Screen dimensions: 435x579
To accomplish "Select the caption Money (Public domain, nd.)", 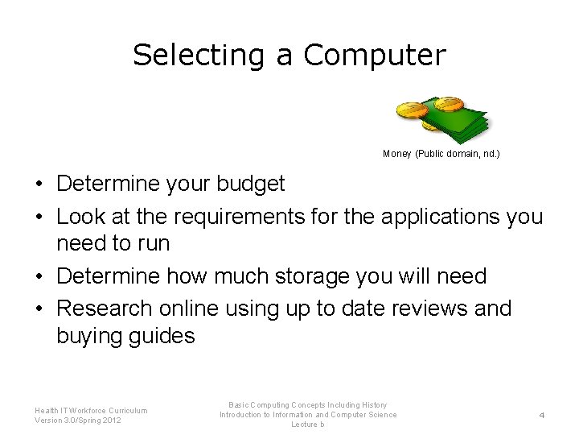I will [x=441, y=153].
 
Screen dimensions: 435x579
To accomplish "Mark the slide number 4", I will [x=541, y=415].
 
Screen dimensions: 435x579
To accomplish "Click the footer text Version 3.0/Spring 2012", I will [x=78, y=420].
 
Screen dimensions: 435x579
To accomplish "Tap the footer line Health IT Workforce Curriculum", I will [x=91, y=410].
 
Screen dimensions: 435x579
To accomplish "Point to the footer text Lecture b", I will [x=307, y=425].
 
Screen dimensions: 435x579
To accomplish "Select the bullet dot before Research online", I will [x=39, y=309].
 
